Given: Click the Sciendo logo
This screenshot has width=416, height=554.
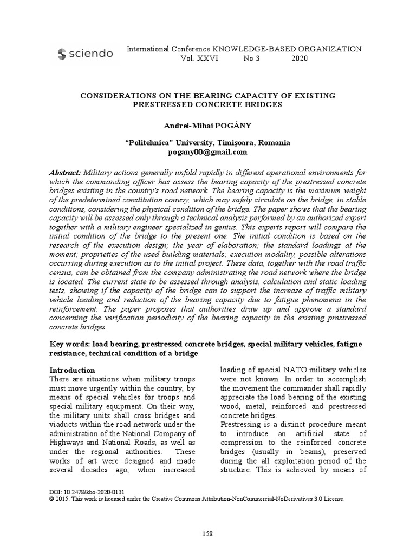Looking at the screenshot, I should tap(85, 53).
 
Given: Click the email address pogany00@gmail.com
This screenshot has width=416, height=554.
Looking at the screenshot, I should tap(208, 152).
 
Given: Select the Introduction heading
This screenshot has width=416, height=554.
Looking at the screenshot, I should tap(72, 370).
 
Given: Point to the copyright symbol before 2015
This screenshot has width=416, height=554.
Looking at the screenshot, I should tap(52, 499).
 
